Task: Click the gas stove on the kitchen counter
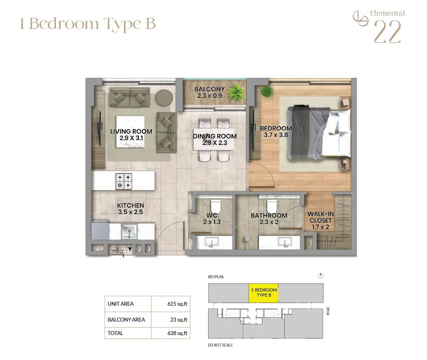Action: pyautogui.click(x=124, y=181)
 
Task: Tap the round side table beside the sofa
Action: pyautogui.click(x=164, y=98)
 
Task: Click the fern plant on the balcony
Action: pyautogui.click(x=236, y=93)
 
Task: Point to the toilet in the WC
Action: pyautogui.click(x=216, y=206)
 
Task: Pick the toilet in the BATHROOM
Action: pyautogui.click(x=272, y=206)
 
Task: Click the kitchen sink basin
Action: pyautogui.click(x=129, y=231)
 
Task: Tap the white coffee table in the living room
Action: pyautogui.click(x=130, y=132)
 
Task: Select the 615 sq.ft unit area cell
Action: pyautogui.click(x=170, y=304)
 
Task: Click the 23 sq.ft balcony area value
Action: pyautogui.click(x=179, y=320)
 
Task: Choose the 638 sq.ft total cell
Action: pyautogui.click(x=170, y=333)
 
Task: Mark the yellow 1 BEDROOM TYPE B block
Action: pyautogui.click(x=263, y=293)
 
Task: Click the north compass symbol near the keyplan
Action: pyautogui.click(x=320, y=276)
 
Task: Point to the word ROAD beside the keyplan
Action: pyautogui.click(x=328, y=311)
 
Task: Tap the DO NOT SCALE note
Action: pyautogui.click(x=220, y=345)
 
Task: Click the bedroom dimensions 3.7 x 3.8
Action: pyautogui.click(x=276, y=135)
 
